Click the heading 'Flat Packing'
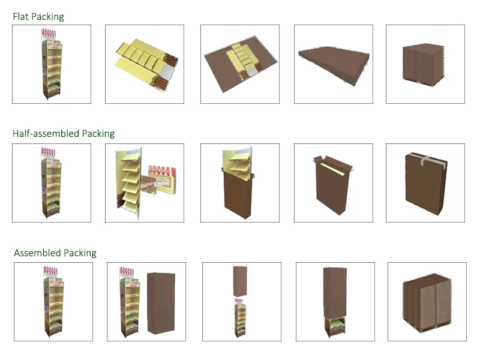38,17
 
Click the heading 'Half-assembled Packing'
64,133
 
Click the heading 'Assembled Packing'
55,253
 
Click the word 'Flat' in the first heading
22,17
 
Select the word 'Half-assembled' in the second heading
46,133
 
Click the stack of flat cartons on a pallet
425,64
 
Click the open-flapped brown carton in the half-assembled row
333,183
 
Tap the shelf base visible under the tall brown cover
335,327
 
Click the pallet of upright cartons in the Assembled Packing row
427,303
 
